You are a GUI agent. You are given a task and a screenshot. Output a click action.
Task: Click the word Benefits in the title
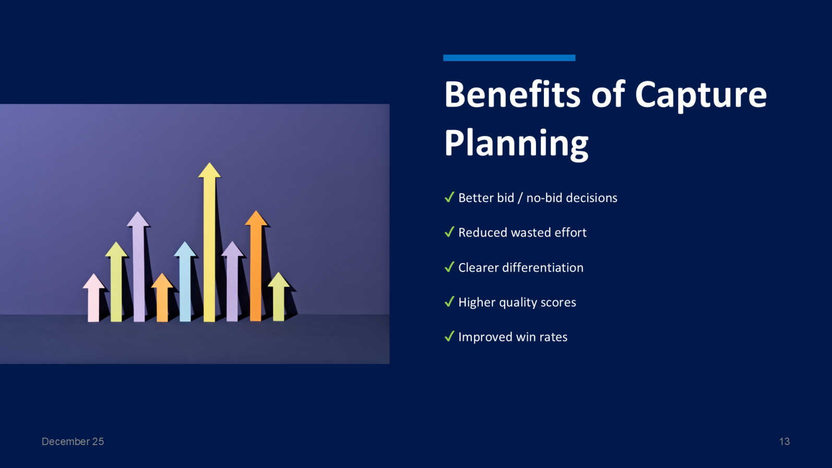click(x=512, y=95)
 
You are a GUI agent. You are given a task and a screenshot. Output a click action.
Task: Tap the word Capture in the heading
click(x=700, y=95)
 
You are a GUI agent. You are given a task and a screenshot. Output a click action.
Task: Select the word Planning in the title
click(x=516, y=143)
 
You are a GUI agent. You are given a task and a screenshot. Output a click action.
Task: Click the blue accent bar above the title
click(x=509, y=58)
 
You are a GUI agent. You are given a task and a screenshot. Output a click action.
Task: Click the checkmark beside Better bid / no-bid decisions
click(x=449, y=197)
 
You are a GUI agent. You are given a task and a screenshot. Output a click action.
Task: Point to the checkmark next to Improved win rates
click(x=449, y=337)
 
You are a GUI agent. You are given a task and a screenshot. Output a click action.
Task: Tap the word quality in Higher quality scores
click(x=518, y=303)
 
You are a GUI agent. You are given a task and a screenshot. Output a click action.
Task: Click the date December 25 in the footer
click(x=73, y=441)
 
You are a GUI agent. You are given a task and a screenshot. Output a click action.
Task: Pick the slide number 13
click(x=784, y=441)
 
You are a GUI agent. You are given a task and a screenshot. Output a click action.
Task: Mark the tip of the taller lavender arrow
click(x=138, y=214)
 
